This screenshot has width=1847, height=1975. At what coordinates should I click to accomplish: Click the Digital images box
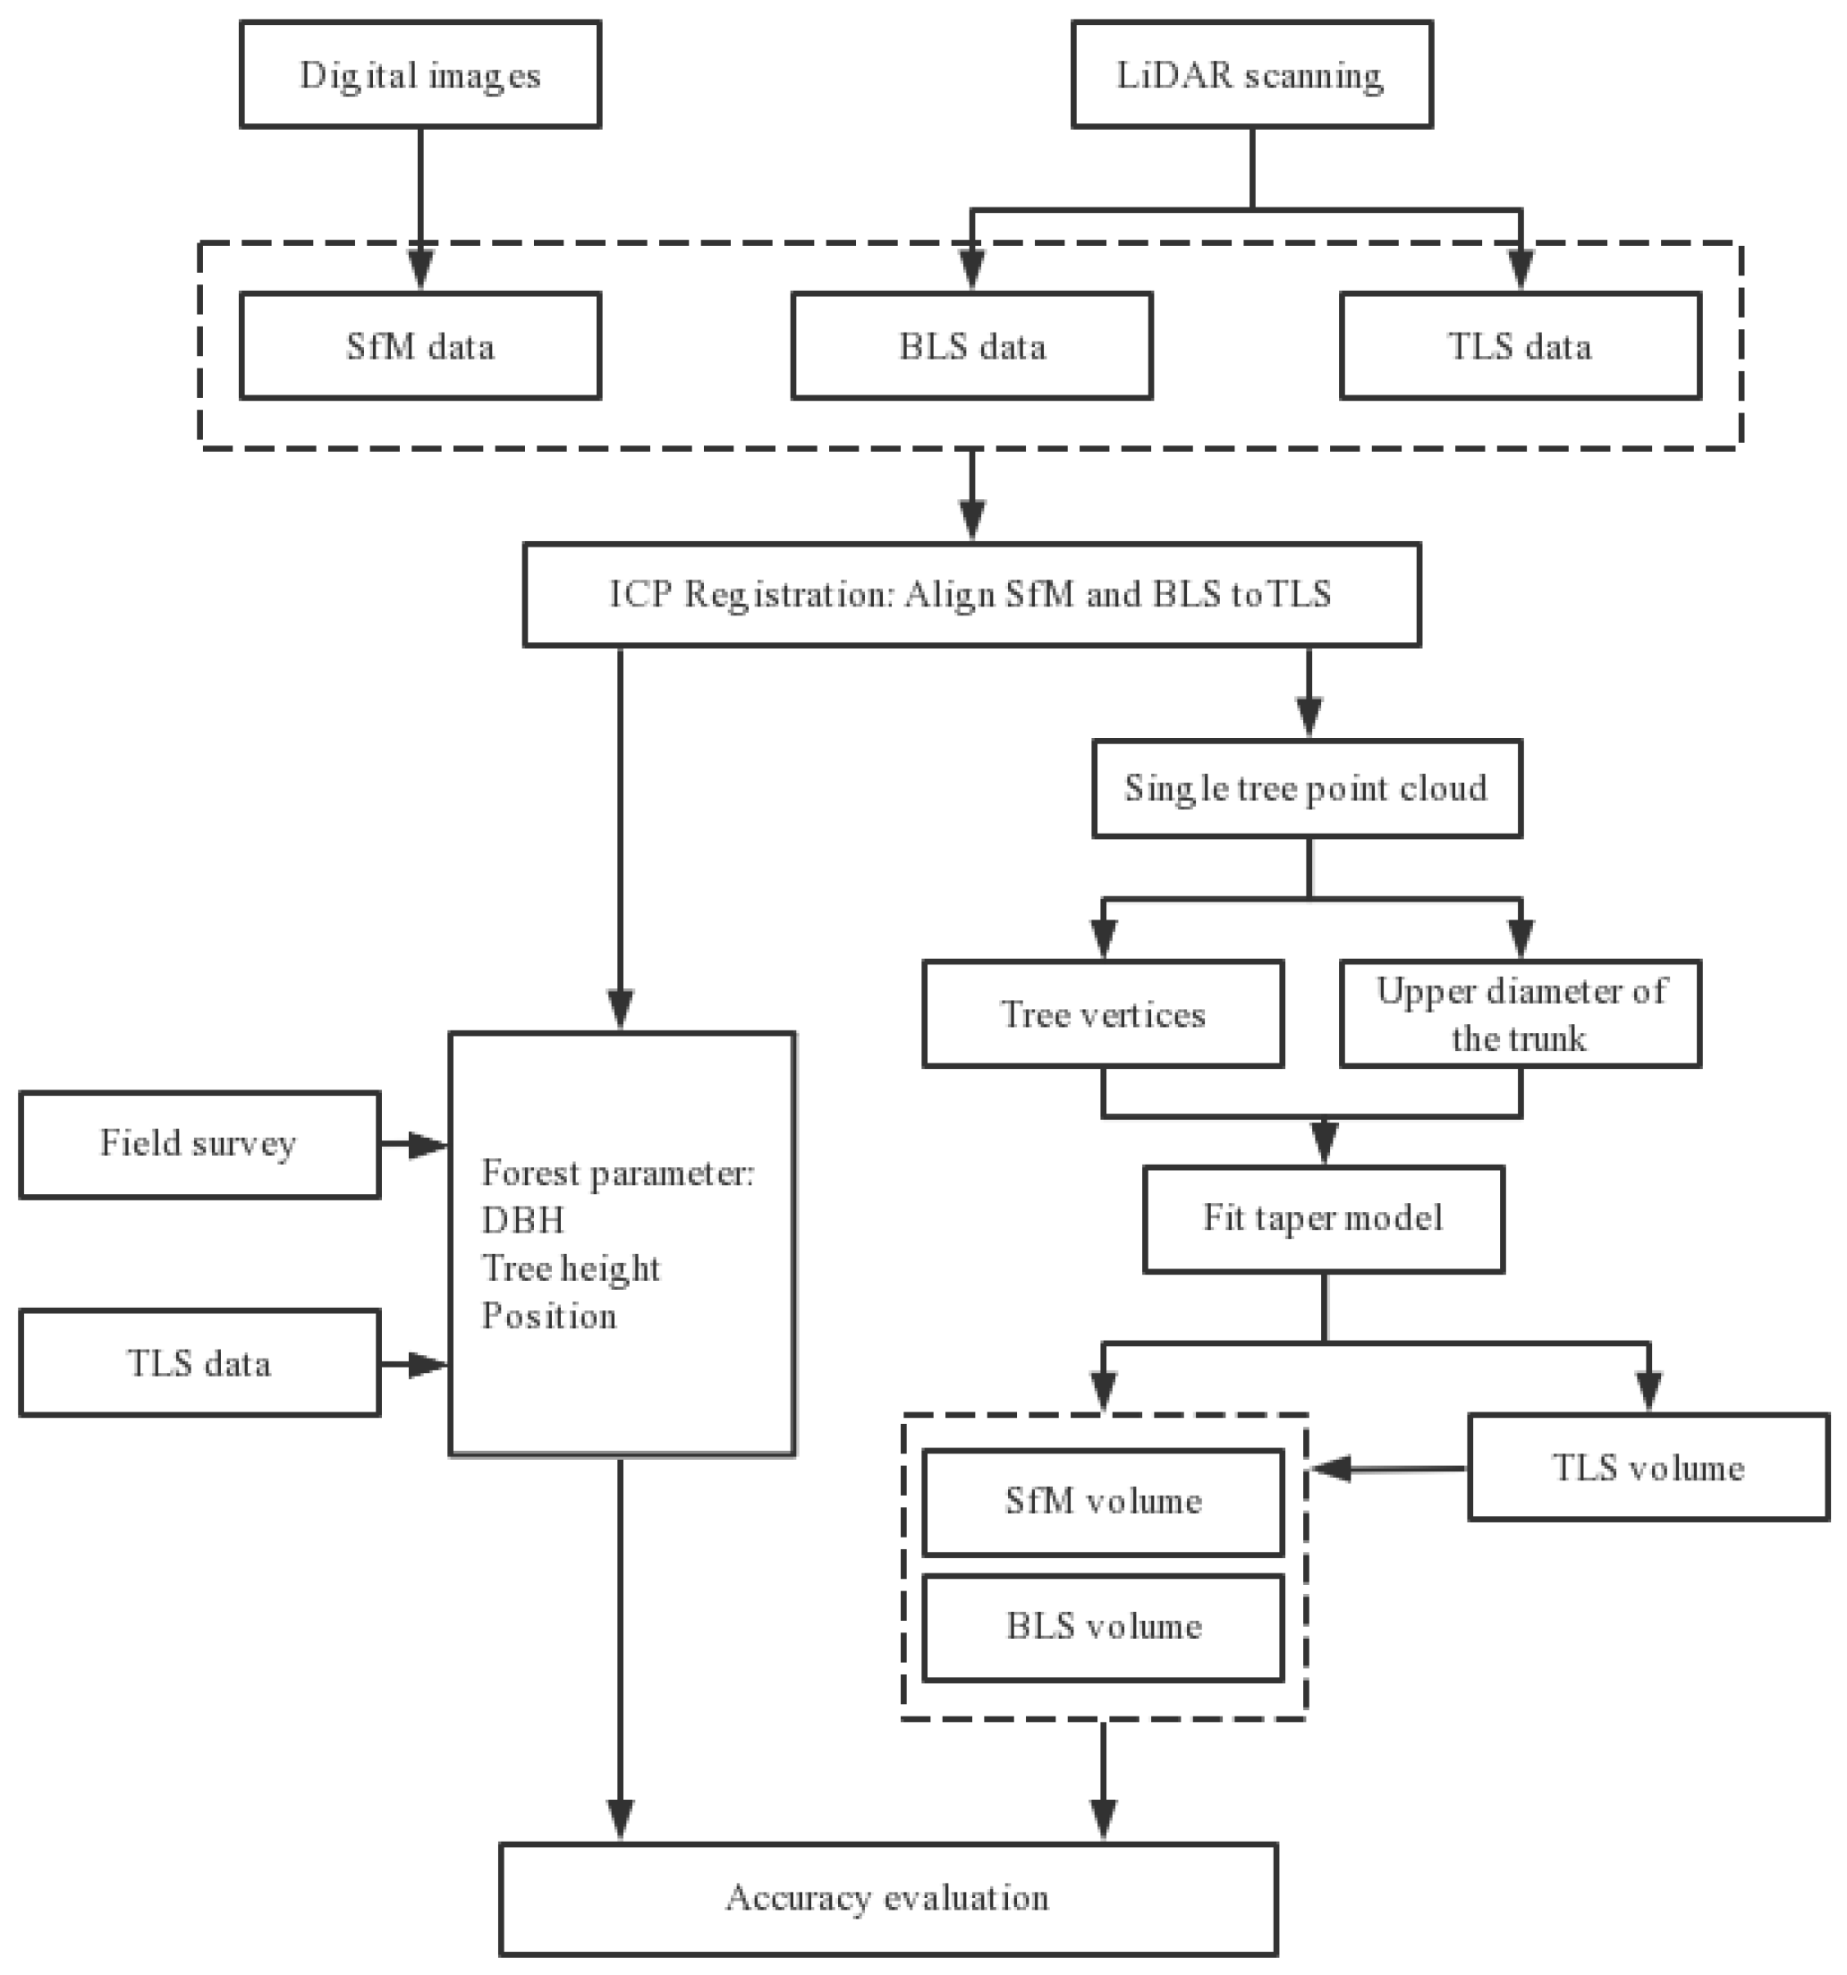pyautogui.click(x=420, y=75)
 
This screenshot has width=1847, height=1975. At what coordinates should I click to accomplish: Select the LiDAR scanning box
pyautogui.click(x=1251, y=75)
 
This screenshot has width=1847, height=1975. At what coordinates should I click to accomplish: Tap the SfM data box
pyautogui.click(x=420, y=346)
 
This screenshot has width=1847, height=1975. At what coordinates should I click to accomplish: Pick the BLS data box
pyautogui.click(x=971, y=346)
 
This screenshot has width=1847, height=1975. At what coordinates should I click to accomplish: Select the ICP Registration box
pyautogui.click(x=970, y=594)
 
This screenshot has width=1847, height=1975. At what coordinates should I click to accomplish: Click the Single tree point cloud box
pyautogui.click(x=1307, y=788)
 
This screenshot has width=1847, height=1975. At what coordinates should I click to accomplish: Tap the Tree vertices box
pyautogui.click(x=1103, y=1013)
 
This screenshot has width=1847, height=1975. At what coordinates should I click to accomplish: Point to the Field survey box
pyautogui.click(x=199, y=1144)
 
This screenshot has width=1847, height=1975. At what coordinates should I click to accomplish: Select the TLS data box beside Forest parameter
pyautogui.click(x=199, y=1363)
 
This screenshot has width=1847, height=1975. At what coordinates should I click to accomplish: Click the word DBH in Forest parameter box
pyautogui.click(x=522, y=1220)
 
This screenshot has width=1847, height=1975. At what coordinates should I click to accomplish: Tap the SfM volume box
pyautogui.click(x=1103, y=1501)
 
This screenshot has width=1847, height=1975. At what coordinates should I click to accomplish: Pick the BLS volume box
pyautogui.click(x=1103, y=1626)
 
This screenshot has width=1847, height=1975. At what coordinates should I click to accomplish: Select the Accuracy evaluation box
pyautogui.click(x=887, y=1898)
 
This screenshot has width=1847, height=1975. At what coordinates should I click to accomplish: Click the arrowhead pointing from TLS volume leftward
pyautogui.click(x=1331, y=1469)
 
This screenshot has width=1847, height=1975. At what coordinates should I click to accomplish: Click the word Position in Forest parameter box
pyautogui.click(x=549, y=1317)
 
